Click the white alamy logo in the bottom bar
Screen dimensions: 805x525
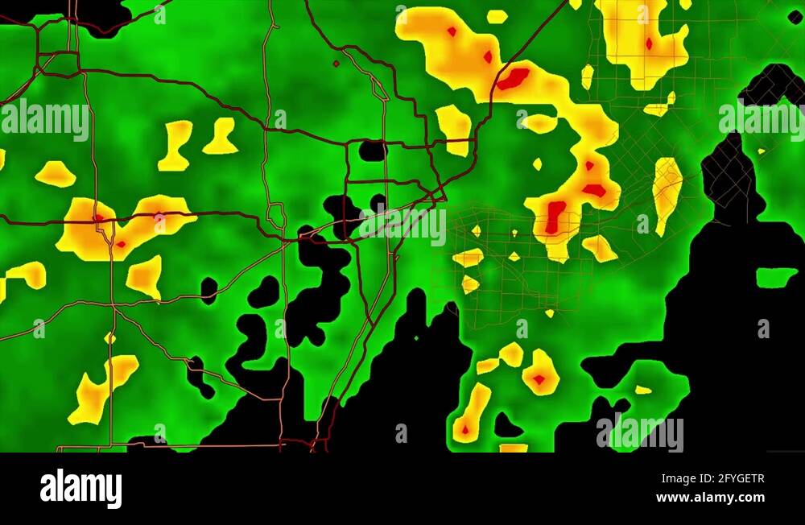(80, 489)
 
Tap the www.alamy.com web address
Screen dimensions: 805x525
(710, 498)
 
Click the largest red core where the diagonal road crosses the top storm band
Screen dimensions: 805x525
(512, 78)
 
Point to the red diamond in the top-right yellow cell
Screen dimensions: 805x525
(649, 43)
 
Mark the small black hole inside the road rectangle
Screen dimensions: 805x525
(372, 151)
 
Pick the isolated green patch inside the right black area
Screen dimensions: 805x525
(776, 277)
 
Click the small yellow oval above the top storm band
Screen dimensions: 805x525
(497, 16)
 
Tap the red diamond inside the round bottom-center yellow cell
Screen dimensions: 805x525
(539, 378)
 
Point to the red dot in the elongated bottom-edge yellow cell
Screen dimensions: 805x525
(464, 429)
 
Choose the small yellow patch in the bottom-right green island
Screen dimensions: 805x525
(643, 390)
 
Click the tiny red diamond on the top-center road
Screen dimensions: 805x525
(336, 63)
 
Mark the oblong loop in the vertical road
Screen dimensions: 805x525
(276, 215)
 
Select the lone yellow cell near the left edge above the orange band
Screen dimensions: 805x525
(55, 173)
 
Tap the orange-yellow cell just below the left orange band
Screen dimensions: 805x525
(145, 276)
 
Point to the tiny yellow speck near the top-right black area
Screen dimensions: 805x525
(761, 151)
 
